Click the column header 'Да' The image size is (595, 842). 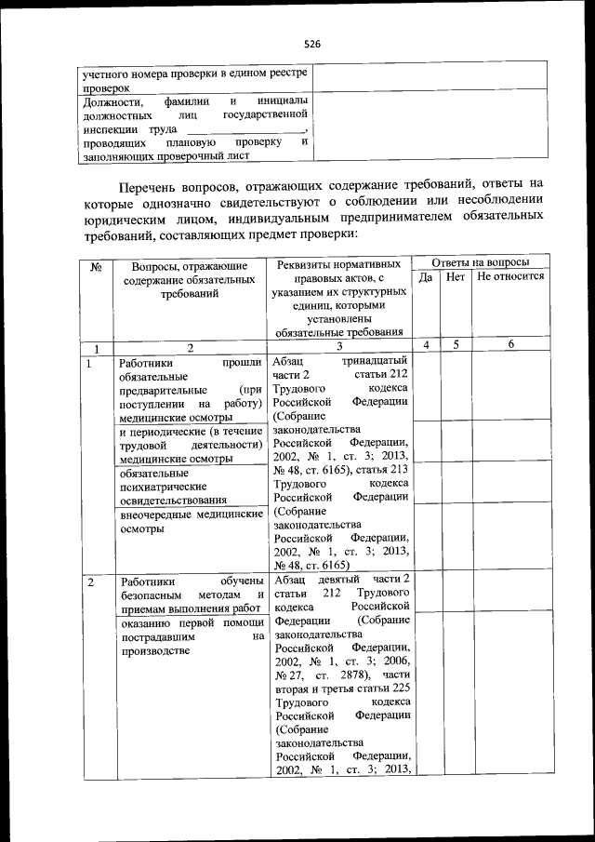425,277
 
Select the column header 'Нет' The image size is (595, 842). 456,277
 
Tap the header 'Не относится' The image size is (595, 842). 510,277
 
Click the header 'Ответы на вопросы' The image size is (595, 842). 480,263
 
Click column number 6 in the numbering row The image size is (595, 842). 510,345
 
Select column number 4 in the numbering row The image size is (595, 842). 425,345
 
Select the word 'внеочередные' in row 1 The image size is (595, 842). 157,514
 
